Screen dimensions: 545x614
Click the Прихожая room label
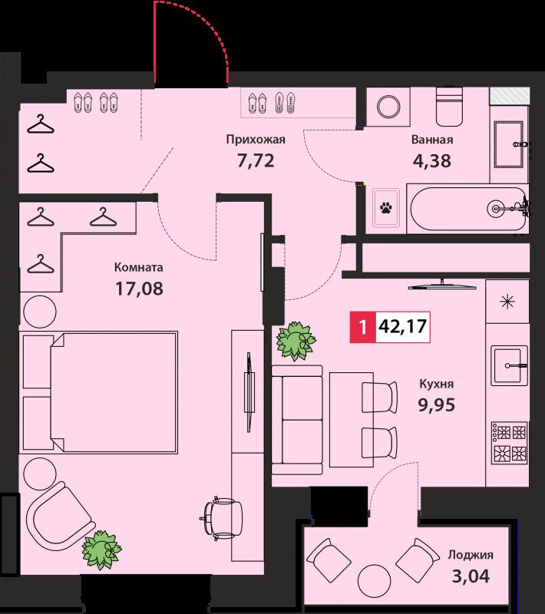click(x=256, y=140)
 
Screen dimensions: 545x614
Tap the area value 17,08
click(x=140, y=289)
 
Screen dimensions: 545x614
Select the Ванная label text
click(x=432, y=140)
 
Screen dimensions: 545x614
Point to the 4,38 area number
click(x=432, y=161)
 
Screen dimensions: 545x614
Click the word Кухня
click(x=437, y=384)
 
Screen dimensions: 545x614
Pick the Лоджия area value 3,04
click(x=471, y=576)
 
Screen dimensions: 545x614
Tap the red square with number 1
click(x=363, y=327)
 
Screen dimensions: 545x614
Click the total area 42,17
click(x=402, y=326)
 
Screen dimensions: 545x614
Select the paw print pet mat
click(x=386, y=207)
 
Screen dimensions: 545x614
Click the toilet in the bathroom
click(x=449, y=106)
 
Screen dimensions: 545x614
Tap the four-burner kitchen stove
click(x=509, y=442)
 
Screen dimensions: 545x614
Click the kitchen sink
click(x=508, y=365)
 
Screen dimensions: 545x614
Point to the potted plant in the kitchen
click(x=296, y=341)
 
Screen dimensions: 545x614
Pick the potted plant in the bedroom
click(x=102, y=550)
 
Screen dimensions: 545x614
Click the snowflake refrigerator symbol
click(x=507, y=302)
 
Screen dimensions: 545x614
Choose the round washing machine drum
click(x=388, y=107)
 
